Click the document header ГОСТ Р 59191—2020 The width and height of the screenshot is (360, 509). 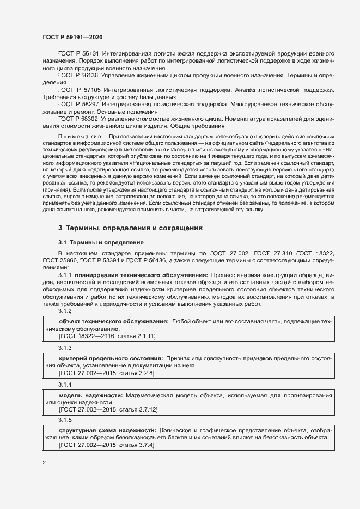[72, 36]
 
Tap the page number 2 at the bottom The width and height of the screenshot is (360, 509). [44, 463]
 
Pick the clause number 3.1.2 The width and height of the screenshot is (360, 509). [65, 310]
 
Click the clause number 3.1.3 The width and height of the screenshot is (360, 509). [65, 347]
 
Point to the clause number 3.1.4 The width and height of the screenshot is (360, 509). [65, 384]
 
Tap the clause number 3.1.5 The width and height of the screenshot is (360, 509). [65, 420]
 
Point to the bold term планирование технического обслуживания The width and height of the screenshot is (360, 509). [139, 275]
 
